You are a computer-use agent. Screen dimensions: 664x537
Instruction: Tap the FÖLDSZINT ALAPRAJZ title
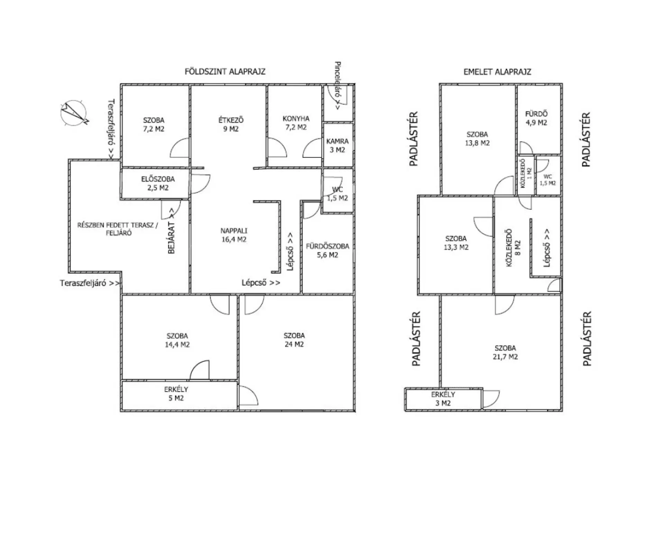coord(225,72)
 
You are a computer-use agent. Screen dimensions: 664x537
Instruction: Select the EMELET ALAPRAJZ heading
coord(497,72)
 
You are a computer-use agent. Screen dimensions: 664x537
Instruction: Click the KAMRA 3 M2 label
coord(338,145)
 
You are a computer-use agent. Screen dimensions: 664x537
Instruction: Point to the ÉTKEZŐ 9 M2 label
coord(231,125)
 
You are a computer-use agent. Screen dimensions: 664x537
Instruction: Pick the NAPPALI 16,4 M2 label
coord(234,235)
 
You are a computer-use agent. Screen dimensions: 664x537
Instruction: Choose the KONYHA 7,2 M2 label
coord(296,123)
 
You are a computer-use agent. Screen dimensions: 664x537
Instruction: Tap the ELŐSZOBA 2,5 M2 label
coord(158,184)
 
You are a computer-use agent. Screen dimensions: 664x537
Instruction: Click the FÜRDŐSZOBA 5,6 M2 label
coord(328,251)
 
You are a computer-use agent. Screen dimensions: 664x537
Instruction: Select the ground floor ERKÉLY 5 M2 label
coord(176,394)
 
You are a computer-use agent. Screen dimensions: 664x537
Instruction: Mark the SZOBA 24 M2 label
coord(294,340)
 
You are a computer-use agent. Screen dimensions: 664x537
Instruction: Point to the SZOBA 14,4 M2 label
coord(177,340)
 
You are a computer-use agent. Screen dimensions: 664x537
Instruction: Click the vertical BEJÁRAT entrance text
coord(172,231)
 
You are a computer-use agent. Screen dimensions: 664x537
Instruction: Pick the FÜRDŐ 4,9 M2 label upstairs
coord(536,118)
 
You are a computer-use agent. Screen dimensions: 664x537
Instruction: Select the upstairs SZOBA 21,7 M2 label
coord(505,352)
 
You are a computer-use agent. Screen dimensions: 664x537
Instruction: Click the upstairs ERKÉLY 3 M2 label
coord(443,399)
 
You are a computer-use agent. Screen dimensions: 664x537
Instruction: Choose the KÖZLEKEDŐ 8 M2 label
coord(513,248)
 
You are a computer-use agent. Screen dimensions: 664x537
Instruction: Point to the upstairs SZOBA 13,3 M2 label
coord(456,243)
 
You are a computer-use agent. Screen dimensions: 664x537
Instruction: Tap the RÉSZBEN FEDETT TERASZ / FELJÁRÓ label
coord(118,229)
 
